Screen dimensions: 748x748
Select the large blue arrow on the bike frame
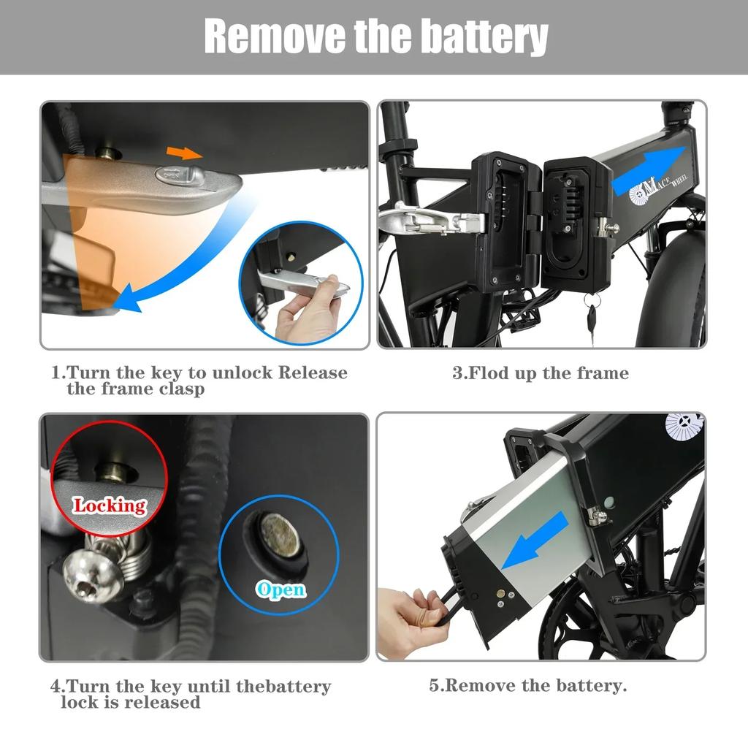coord(648,169)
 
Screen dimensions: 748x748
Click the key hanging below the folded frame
coord(592,316)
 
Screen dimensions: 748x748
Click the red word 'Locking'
coord(110,505)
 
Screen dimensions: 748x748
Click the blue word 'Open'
coord(280,589)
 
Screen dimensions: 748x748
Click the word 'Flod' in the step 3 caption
coord(489,373)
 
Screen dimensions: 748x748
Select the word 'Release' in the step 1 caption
coord(313,373)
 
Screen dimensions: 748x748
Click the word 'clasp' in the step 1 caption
coord(182,389)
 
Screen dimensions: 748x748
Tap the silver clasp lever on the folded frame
coord(430,220)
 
